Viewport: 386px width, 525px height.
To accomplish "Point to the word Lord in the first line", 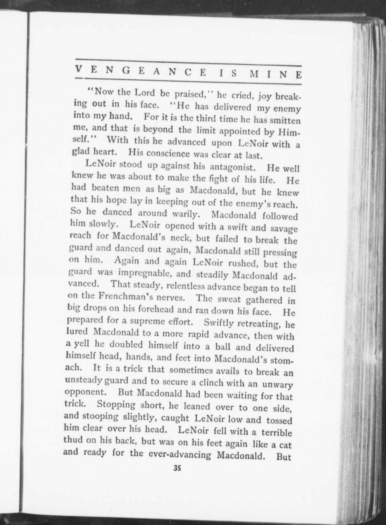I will tap(144, 93).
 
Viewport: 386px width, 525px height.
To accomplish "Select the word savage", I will tap(284, 229).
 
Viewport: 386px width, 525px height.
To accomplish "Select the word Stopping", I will tap(116, 404).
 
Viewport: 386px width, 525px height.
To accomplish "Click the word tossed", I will tap(280, 420).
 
